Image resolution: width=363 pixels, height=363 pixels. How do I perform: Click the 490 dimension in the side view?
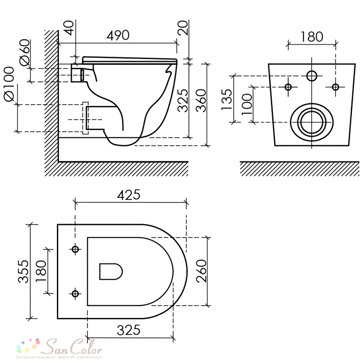[118, 36]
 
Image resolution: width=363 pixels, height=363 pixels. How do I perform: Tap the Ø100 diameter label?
[9, 84]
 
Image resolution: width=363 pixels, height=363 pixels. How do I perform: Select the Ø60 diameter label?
[25, 52]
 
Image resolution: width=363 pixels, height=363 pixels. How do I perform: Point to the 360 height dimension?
[200, 101]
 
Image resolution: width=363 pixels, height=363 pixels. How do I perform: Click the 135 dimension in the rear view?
[227, 99]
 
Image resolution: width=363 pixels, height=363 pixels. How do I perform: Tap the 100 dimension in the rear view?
[246, 104]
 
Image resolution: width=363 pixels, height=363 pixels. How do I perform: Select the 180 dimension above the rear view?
[311, 37]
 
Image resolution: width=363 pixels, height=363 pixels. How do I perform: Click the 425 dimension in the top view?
[129, 195]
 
